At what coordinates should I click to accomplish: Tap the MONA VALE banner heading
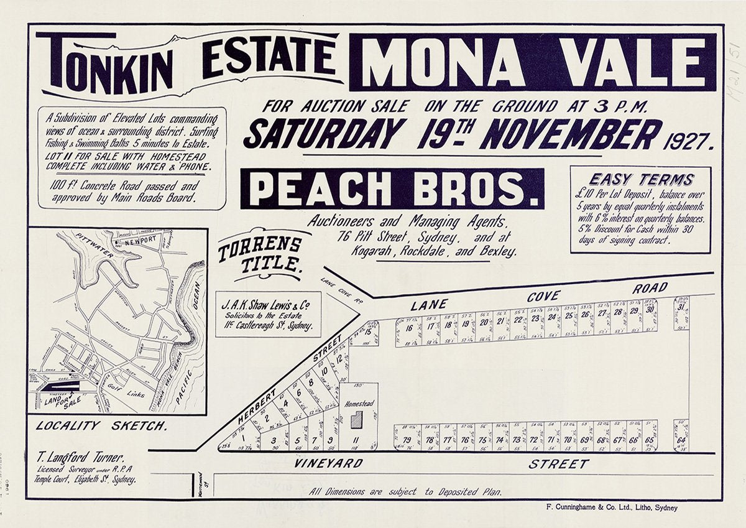click(x=533, y=62)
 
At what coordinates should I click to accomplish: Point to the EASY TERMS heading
click(x=640, y=180)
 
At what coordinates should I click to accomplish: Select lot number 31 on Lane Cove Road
click(x=681, y=307)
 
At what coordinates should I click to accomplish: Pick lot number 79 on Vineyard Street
click(x=407, y=440)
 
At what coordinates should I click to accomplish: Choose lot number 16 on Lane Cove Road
click(x=408, y=328)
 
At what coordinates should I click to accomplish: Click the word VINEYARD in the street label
click(x=320, y=464)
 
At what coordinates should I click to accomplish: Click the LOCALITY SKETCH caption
click(x=101, y=426)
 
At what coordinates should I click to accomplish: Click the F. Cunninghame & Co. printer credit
click(x=610, y=507)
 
